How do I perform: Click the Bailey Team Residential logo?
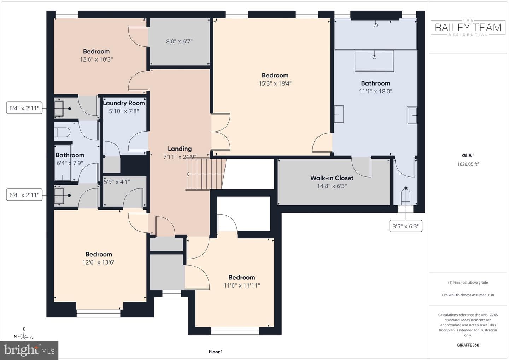(x=468, y=28)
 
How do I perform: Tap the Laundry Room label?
(x=124, y=103)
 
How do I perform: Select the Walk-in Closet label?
(x=332, y=178)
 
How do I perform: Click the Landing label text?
(x=180, y=149)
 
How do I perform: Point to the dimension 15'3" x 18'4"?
(x=275, y=83)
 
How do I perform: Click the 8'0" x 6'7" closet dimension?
(x=179, y=41)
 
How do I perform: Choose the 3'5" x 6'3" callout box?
(x=406, y=226)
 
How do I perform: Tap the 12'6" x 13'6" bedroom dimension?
(x=99, y=262)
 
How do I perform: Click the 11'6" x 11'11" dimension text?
(x=241, y=285)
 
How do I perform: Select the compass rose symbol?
(x=23, y=337)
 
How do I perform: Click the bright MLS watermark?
(x=29, y=350)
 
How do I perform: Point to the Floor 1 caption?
(x=216, y=352)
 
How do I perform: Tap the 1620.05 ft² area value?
(x=468, y=164)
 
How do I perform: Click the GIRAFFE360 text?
(x=468, y=345)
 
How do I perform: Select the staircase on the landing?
(x=206, y=174)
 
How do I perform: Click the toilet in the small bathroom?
(x=62, y=132)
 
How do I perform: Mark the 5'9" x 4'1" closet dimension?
(x=117, y=182)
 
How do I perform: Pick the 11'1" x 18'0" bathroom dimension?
(x=375, y=91)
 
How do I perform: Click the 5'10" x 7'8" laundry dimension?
(x=124, y=111)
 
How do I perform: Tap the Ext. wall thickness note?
(x=468, y=295)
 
